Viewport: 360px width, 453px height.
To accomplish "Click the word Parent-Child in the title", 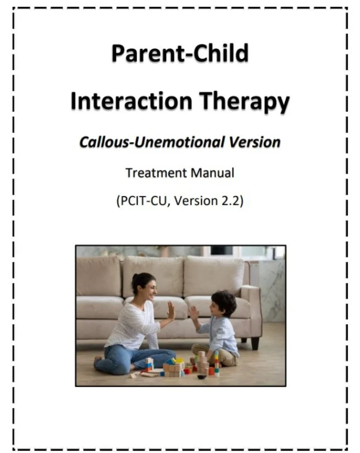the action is (x=180, y=53).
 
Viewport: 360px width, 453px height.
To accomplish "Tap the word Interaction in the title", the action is (x=131, y=101).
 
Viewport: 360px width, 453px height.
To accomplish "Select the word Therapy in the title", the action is (x=244, y=103).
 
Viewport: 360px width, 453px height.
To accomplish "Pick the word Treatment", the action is (x=156, y=173).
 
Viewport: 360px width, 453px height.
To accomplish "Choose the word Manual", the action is (x=212, y=173).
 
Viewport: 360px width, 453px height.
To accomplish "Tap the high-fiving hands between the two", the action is (x=182, y=313).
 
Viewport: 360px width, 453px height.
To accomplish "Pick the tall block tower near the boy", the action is (x=217, y=363).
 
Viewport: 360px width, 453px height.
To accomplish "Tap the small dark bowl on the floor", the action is (x=201, y=377).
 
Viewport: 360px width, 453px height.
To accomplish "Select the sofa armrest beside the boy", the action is (x=251, y=306).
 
